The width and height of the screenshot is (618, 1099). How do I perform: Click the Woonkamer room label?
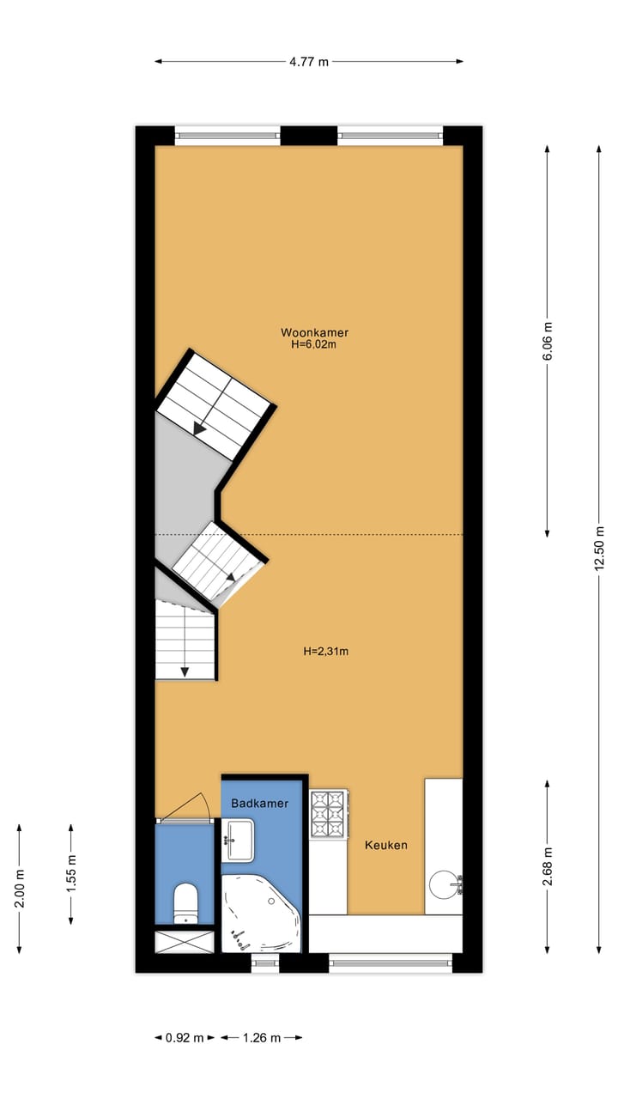[x=314, y=332]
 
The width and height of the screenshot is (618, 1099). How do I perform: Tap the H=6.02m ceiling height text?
[x=314, y=345]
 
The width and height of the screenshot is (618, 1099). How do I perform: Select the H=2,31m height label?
[x=325, y=652]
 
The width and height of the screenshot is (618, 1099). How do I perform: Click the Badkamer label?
[x=259, y=804]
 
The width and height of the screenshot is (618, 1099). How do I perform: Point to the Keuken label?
[x=385, y=845]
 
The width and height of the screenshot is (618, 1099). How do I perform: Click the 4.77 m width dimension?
[x=309, y=61]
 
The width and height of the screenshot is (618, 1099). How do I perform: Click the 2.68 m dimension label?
[x=548, y=865]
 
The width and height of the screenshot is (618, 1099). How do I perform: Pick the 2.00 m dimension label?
[x=20, y=888]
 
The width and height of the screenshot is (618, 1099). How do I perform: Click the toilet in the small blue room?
[x=185, y=902]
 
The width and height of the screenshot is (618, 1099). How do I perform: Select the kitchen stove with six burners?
[x=328, y=814]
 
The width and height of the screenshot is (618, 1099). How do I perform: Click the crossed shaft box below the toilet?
[x=185, y=940]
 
